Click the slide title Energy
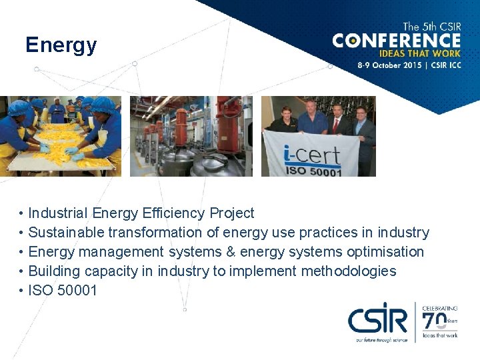click(61, 45)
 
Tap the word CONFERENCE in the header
click(397, 41)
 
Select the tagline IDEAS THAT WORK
click(419, 54)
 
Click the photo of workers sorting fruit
click(61, 136)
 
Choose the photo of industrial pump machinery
click(191, 136)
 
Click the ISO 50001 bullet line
click(63, 291)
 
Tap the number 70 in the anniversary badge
click(436, 321)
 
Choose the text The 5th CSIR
click(431, 27)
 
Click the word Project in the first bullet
click(232, 213)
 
